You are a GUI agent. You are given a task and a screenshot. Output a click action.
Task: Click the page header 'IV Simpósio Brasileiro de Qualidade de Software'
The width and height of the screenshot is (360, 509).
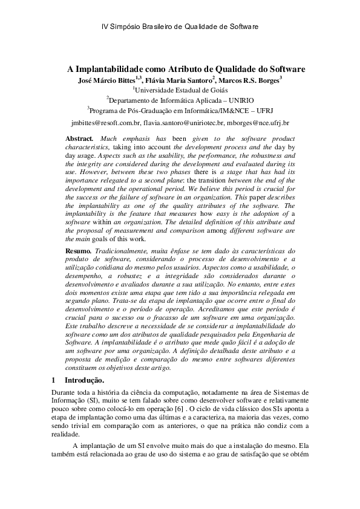tap(179, 27)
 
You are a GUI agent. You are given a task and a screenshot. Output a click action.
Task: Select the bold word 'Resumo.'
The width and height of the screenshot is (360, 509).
tap(80, 250)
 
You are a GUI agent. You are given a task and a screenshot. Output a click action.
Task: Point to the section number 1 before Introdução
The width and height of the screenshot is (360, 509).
tap(54, 380)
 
